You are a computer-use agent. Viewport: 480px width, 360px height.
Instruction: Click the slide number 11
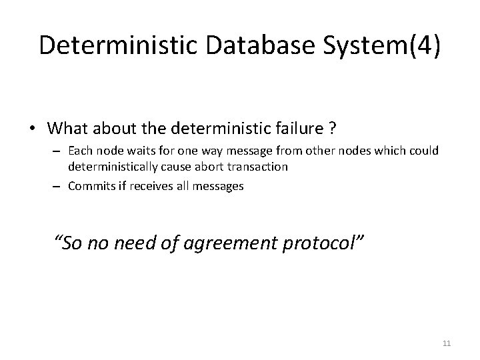point(447,343)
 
